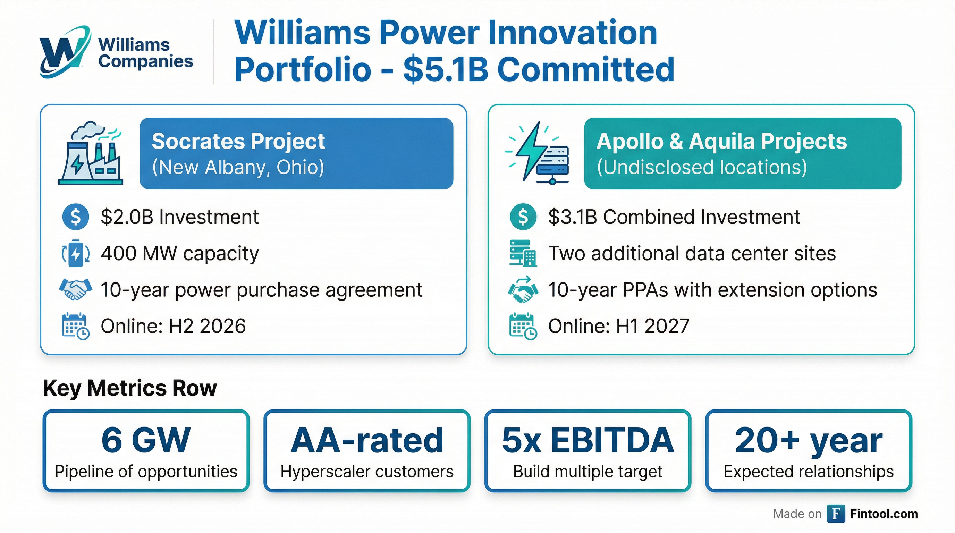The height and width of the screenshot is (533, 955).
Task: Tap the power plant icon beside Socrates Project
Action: [91, 153]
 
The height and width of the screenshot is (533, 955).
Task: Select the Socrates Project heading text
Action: [238, 141]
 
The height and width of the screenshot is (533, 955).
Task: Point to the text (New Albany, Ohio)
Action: [238, 167]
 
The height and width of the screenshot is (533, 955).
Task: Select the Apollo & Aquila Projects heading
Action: [721, 141]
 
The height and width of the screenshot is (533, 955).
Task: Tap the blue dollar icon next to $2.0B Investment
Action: [76, 217]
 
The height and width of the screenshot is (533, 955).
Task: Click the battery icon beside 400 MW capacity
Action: [76, 254]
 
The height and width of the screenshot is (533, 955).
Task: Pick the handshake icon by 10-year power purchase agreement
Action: [76, 289]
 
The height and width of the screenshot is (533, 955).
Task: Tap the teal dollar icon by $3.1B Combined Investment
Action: [523, 217]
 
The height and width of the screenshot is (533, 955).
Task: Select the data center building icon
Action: [523, 254]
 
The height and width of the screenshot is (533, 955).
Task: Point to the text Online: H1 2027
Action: [618, 326]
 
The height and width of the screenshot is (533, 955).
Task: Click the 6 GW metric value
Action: [146, 440]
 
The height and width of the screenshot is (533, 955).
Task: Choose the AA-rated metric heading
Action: [367, 440]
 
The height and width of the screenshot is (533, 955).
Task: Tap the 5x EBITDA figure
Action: [588, 440]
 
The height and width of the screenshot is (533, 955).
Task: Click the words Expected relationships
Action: [809, 472]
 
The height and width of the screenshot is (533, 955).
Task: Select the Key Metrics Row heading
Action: [130, 388]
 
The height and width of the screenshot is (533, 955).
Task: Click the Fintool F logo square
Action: [836, 514]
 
